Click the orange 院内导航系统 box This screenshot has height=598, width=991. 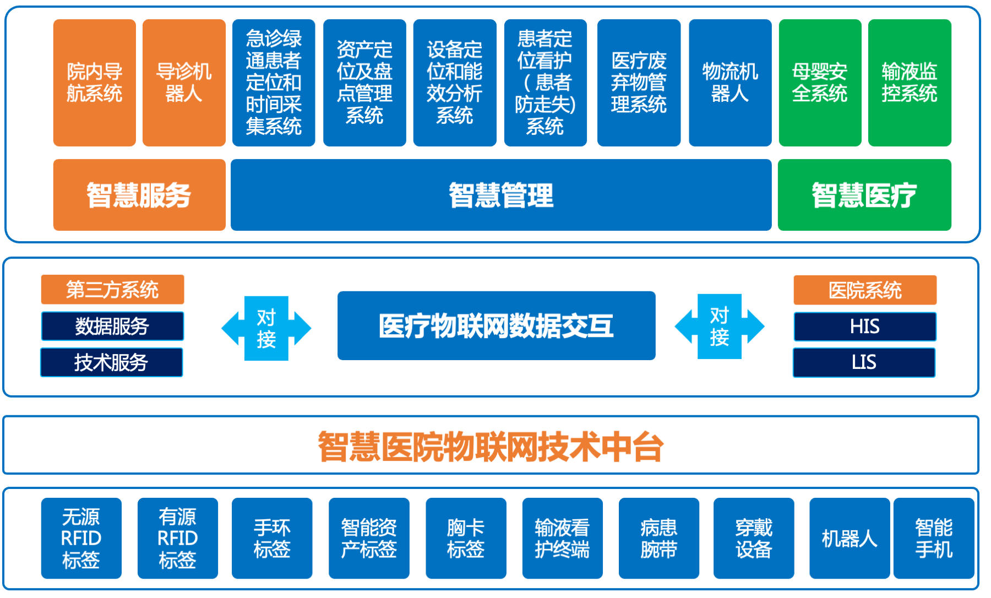pos(95,83)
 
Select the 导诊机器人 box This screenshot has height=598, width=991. pos(184,83)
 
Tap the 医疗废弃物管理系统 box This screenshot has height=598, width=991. pos(639,83)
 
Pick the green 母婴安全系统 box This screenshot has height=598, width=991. pos(820,83)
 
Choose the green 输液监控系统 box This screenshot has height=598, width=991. pos(910,83)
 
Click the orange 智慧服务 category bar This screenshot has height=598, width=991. pos(139,195)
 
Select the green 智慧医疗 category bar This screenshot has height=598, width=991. pos(864,195)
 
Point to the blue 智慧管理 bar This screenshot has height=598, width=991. pos(501,195)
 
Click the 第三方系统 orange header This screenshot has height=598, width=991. pos(112,290)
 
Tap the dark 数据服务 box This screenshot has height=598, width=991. pos(112,326)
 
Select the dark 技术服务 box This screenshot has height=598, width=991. pos(111,362)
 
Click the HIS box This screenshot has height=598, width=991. pos(864,327)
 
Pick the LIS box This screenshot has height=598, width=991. pos(864,362)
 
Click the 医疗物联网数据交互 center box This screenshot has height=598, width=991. pos(496,325)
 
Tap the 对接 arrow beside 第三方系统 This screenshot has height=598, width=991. pos(266,328)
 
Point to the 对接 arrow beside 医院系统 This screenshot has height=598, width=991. pos(720,327)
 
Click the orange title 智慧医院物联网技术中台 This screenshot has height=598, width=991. pos(491,446)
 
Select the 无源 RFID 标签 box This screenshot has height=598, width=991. pos(81,538)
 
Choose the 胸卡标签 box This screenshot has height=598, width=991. pos(466,538)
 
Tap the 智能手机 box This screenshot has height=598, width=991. pos(934,538)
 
